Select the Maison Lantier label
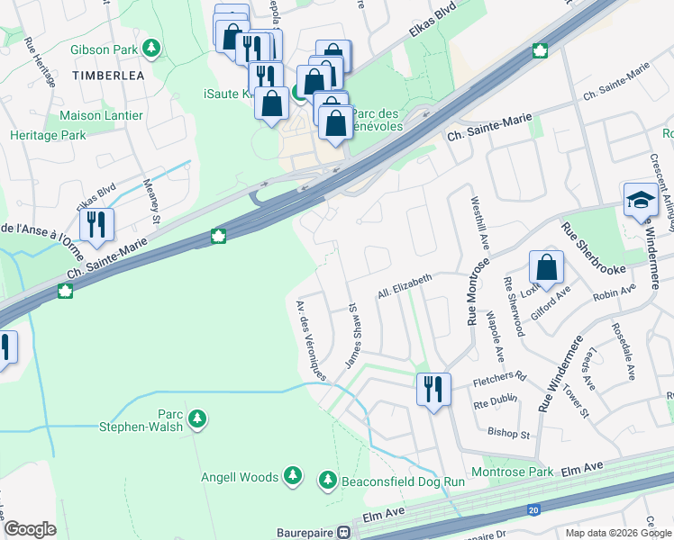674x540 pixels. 101,115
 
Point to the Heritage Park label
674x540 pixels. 48,135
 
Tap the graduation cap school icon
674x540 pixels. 641,200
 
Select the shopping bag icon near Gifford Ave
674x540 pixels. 546,267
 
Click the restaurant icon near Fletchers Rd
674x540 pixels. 433,389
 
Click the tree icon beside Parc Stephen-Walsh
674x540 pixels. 198,418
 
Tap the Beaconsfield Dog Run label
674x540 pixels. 403,481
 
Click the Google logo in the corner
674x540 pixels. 30,529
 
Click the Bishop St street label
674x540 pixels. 508,434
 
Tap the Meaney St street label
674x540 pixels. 150,202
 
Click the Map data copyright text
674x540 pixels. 617,533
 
